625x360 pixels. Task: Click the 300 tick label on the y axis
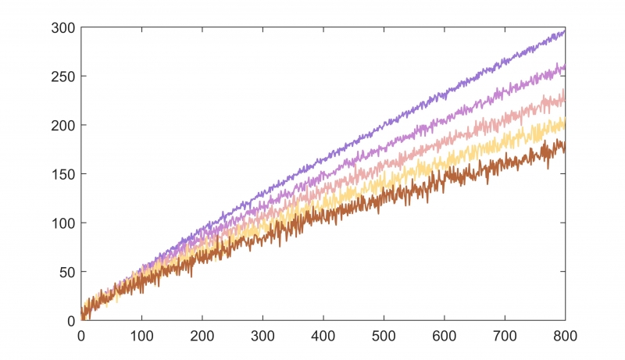tap(63, 28)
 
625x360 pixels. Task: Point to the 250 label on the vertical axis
tap(63, 77)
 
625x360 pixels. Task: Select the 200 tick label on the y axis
tap(63, 126)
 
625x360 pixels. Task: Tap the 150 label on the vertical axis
tap(63, 174)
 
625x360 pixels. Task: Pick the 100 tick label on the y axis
tap(63, 223)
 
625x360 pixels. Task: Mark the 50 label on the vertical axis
tap(66, 272)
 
